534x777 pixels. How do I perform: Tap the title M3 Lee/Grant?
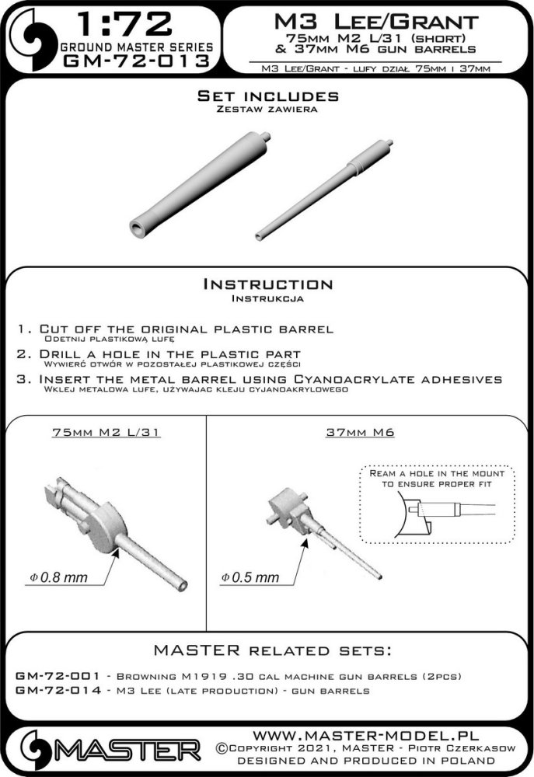point(376,22)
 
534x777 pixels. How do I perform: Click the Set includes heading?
point(267,96)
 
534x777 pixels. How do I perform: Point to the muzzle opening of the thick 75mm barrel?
point(136,227)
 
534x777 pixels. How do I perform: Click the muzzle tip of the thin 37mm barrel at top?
point(258,237)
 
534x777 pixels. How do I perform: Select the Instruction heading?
point(267,284)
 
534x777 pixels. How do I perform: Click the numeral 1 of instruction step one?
point(21,329)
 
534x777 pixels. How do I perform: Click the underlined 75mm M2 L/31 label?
point(106,432)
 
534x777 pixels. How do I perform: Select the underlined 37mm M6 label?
point(360,432)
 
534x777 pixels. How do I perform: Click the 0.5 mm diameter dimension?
point(250,577)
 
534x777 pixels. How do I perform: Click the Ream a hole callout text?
point(437,479)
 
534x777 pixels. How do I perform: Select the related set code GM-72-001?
point(58,676)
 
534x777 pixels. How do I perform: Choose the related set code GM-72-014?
point(58,690)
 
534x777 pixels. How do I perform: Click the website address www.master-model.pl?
point(365,735)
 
